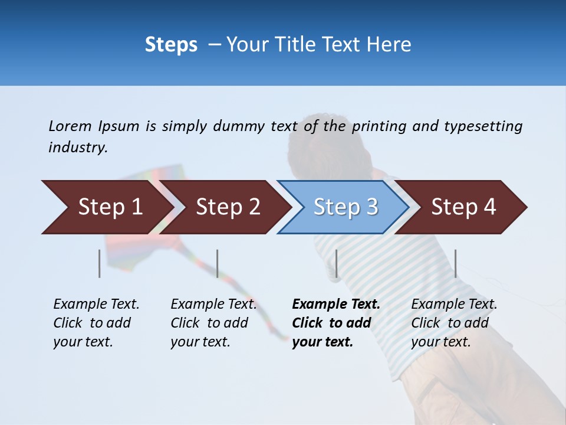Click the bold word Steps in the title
(x=171, y=45)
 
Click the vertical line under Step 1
(x=100, y=263)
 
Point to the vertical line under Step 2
(x=218, y=263)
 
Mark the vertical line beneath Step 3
(x=336, y=263)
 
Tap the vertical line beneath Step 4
(x=456, y=263)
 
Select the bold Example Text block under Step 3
(x=336, y=323)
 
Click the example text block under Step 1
(x=96, y=323)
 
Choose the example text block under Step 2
(x=213, y=323)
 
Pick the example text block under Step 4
(x=454, y=323)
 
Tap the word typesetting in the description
(x=483, y=126)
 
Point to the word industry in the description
(x=78, y=148)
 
